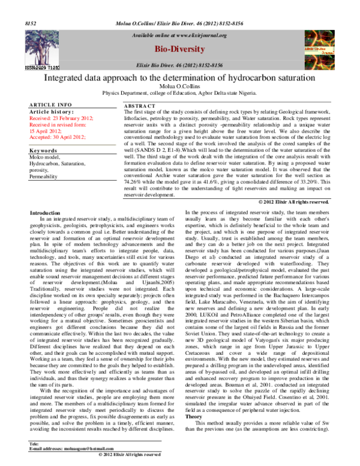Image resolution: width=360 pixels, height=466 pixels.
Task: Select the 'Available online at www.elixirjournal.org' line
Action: coord(179,35)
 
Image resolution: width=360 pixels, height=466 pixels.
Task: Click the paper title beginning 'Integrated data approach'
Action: coord(180,79)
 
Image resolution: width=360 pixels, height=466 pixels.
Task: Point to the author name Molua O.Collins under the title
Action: coord(179,87)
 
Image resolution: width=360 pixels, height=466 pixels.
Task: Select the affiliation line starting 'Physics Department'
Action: coord(180,94)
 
